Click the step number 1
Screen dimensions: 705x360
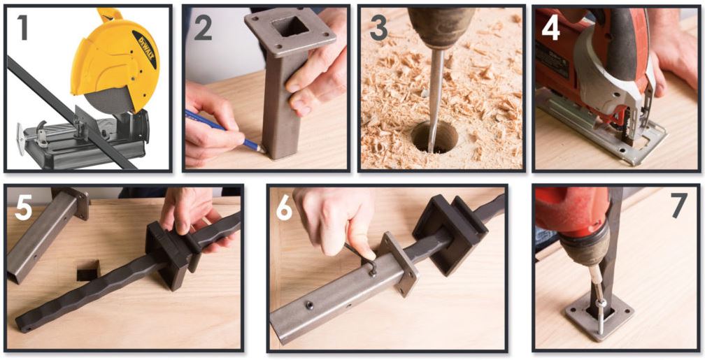tap(21, 27)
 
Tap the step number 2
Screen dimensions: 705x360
tap(203, 27)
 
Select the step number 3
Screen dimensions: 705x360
tap(378, 27)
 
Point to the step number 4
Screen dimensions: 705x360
tap(551, 27)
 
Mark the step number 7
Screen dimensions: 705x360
tap(678, 206)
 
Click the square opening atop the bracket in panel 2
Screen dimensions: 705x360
tap(290, 28)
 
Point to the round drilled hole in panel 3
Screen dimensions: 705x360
tap(434, 136)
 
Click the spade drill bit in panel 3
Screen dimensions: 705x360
tap(434, 98)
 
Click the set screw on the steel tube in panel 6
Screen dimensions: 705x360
tap(310, 305)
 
